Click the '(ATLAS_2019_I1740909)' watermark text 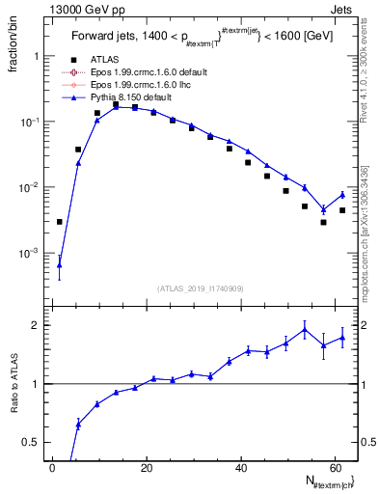200,288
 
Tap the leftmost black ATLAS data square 60,222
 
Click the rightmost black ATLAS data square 342,210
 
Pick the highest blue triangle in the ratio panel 305,330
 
